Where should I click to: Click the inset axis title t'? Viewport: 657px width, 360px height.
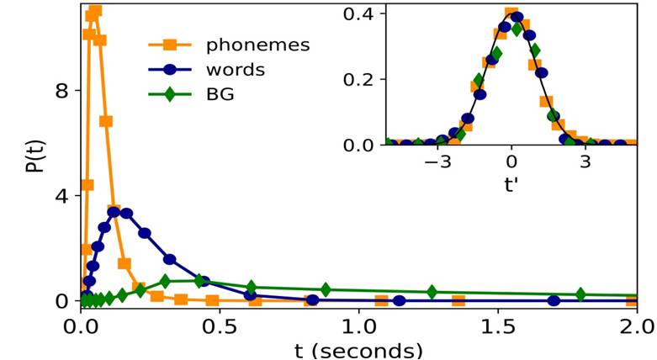pos(511,184)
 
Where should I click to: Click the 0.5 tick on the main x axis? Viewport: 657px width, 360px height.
pos(220,324)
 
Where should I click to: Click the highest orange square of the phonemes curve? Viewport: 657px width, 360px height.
pos(95,10)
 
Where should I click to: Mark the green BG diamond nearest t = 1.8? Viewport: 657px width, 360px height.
pos(580,294)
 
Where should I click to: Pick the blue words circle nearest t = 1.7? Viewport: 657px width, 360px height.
pos(554,300)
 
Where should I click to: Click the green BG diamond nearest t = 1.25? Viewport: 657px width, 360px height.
pos(432,292)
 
